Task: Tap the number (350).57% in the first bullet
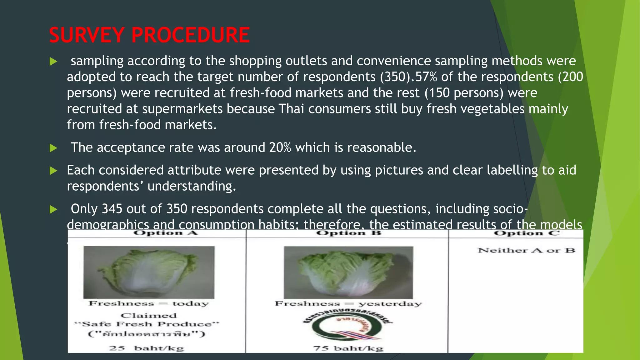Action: click(408, 77)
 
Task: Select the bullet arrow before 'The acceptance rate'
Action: click(53, 148)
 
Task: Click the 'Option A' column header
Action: click(165, 233)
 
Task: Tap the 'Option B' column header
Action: click(348, 233)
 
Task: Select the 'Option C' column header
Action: click(527, 233)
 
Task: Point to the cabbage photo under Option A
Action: click(149, 272)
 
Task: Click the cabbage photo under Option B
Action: click(348, 272)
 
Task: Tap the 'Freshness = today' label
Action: click(149, 303)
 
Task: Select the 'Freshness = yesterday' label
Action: click(348, 304)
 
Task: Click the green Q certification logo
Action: click(348, 327)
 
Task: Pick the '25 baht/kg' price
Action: click(146, 348)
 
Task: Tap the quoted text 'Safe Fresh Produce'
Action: click(147, 324)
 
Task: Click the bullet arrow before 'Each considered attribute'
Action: click(53, 171)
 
